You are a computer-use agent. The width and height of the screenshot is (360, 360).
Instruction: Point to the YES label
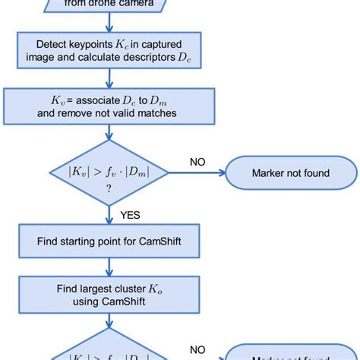tap(130, 215)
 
